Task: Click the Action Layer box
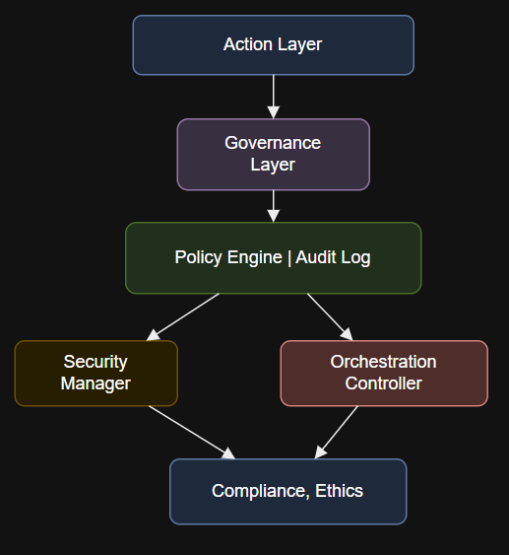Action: pyautogui.click(x=274, y=45)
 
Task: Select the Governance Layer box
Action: pyautogui.click(x=274, y=155)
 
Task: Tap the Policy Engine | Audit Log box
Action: pyautogui.click(x=274, y=258)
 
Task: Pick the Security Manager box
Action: pyautogui.click(x=96, y=373)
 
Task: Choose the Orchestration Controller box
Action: pyautogui.click(x=384, y=373)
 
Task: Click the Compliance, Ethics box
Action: pyautogui.click(x=288, y=491)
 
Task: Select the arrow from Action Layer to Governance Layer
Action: pyautogui.click(x=274, y=97)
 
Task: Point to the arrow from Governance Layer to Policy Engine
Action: pyautogui.click(x=274, y=206)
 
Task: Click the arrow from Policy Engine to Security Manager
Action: pyautogui.click(x=183, y=317)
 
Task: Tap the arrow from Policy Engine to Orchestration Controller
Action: pyautogui.click(x=330, y=317)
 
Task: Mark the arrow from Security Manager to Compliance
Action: pyautogui.click(x=192, y=433)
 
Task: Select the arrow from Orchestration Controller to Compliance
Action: pyautogui.click(x=336, y=433)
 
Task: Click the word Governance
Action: pyautogui.click(x=273, y=143)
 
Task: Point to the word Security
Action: pyautogui.click(x=95, y=362)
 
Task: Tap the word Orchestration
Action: pyautogui.click(x=384, y=362)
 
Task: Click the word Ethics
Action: pyautogui.click(x=339, y=491)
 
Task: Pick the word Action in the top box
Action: pyautogui.click(x=248, y=44)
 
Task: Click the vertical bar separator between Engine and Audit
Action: pyautogui.click(x=289, y=257)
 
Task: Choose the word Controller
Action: pyautogui.click(x=384, y=383)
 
